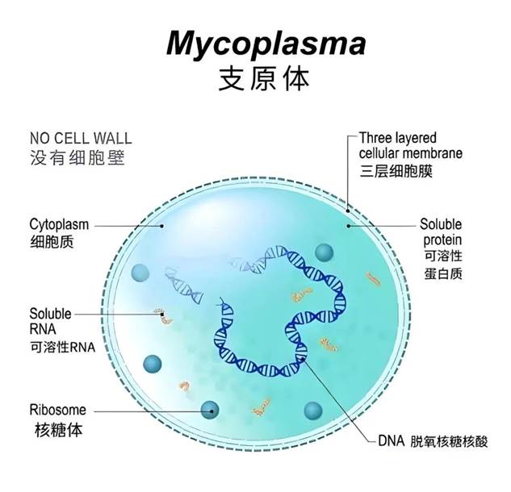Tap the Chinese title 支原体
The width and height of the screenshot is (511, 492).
click(264, 79)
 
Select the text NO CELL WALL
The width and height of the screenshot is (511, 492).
click(81, 139)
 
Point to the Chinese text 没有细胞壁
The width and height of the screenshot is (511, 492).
click(77, 158)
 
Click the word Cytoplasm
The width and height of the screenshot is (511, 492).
click(59, 225)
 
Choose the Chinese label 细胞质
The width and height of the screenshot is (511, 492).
click(52, 242)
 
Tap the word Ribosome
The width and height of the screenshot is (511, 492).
click(58, 410)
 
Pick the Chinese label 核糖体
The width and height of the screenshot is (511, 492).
click(59, 430)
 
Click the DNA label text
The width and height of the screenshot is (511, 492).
click(391, 441)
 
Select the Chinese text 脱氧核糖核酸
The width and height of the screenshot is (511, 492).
click(449, 442)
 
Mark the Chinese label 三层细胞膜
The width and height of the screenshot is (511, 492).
click(396, 171)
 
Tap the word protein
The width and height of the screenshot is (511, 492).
click(442, 241)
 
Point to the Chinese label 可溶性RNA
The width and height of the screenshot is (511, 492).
click(63, 347)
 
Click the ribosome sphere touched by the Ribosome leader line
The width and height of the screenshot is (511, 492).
click(210, 410)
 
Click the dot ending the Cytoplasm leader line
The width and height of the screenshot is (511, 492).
click(162, 225)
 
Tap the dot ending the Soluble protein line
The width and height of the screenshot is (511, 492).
click(349, 225)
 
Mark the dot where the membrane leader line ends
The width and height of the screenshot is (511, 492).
click(348, 211)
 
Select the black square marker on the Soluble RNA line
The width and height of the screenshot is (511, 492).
click(162, 315)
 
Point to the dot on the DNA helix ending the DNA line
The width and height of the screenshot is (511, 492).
click(304, 358)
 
